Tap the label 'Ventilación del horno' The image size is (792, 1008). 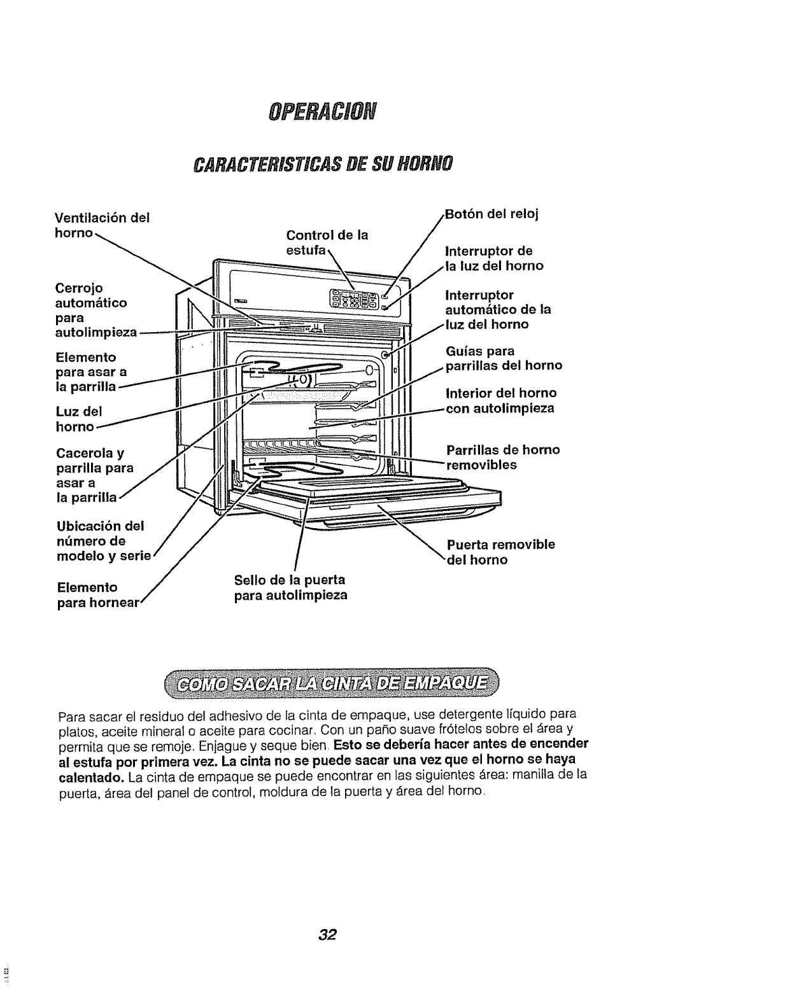[102, 225]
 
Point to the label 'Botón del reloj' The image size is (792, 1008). [491, 214]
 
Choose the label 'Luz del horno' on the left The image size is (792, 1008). [79, 418]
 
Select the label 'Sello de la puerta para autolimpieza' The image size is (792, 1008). [290, 587]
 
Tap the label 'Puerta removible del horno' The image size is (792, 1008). [500, 552]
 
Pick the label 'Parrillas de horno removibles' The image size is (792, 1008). [503, 457]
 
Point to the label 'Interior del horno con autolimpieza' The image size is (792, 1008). [501, 400]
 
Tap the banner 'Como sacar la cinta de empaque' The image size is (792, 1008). [332, 684]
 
